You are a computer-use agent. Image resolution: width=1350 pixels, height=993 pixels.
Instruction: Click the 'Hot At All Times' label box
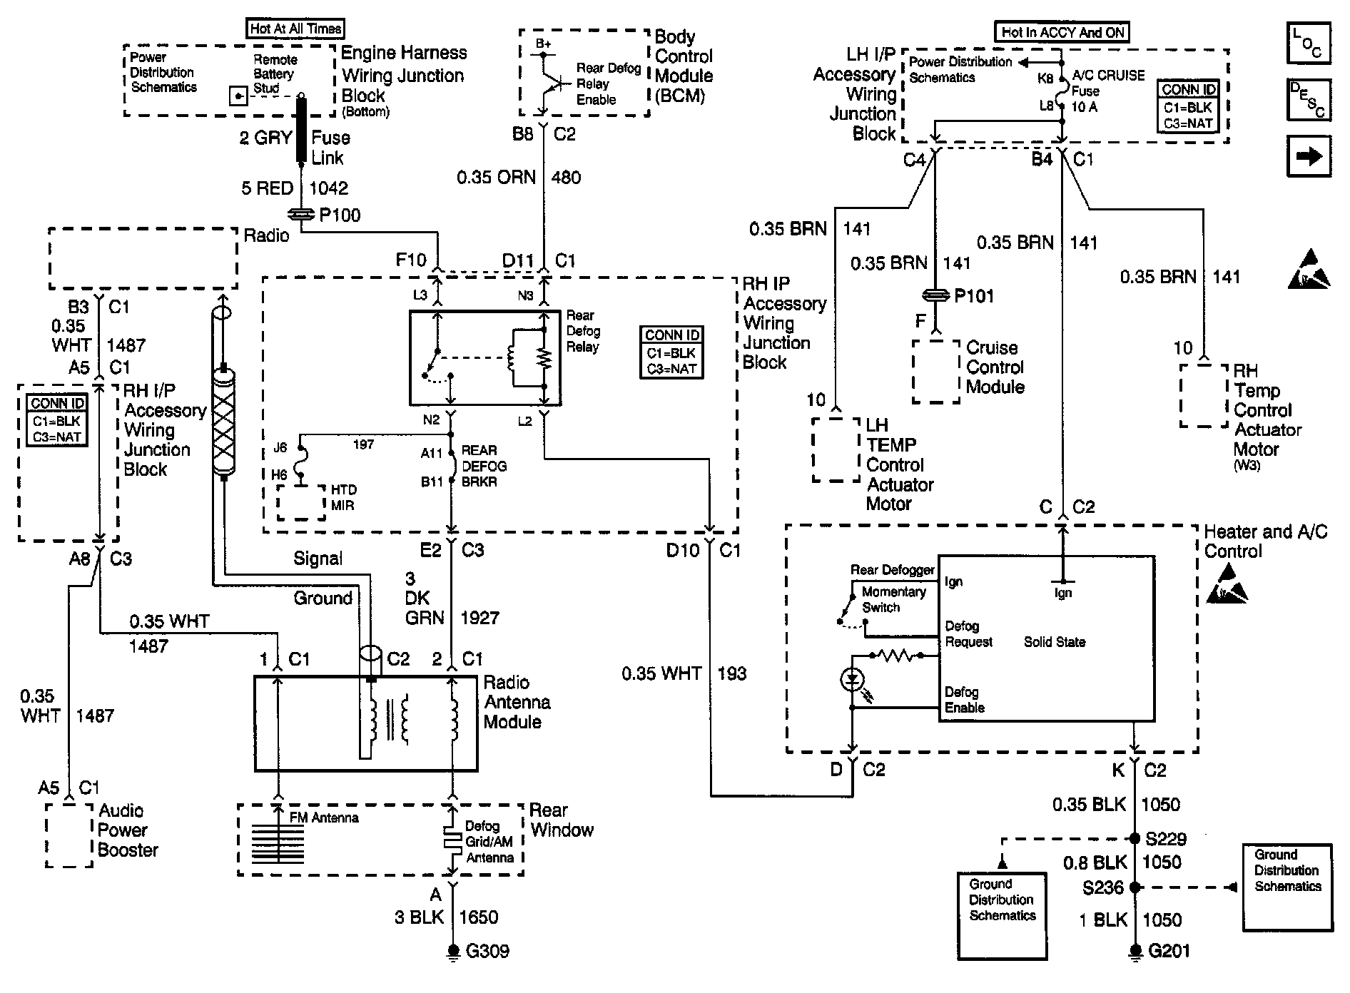[295, 29]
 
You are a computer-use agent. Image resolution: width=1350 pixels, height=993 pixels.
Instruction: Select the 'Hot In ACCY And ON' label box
[1062, 32]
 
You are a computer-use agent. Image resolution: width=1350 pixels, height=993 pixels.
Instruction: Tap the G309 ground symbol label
[488, 951]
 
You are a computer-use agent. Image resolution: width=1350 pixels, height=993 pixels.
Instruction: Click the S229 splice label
[1166, 839]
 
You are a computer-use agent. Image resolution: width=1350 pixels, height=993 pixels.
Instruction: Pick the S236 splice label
[1103, 888]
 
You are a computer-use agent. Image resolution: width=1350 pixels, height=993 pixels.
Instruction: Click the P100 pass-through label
[340, 215]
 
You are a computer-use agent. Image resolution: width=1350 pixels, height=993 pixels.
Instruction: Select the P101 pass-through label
[974, 296]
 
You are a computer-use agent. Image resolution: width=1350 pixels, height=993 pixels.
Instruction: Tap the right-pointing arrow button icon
[1309, 156]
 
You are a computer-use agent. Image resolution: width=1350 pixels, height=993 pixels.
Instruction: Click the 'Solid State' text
[1055, 642]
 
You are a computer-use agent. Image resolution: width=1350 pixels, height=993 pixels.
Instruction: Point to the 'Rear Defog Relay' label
[583, 331]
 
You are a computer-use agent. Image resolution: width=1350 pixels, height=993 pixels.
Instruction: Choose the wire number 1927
[479, 618]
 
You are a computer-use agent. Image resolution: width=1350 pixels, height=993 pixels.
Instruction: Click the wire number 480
[566, 178]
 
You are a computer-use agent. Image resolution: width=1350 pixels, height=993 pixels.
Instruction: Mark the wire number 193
[731, 673]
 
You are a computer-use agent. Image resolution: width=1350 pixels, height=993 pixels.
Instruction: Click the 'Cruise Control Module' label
[995, 367]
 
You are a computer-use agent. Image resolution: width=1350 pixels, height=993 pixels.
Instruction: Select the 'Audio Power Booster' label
[128, 830]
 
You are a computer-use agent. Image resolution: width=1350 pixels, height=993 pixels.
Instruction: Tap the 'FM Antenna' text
[324, 818]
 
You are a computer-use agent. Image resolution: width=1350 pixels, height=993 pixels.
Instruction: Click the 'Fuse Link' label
[330, 148]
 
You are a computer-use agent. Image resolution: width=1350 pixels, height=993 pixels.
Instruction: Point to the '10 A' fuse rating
[1085, 107]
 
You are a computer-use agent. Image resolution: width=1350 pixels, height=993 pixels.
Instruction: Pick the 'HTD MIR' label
[342, 498]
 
